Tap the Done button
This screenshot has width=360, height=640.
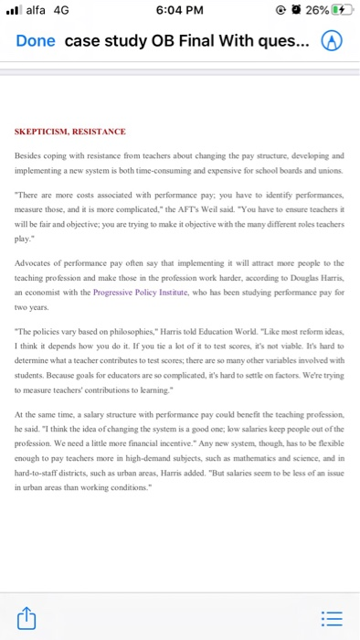point(36,42)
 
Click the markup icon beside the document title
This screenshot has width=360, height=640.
point(334,42)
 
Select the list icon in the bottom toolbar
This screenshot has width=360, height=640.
point(334,620)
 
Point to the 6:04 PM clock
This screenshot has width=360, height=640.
point(178,11)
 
